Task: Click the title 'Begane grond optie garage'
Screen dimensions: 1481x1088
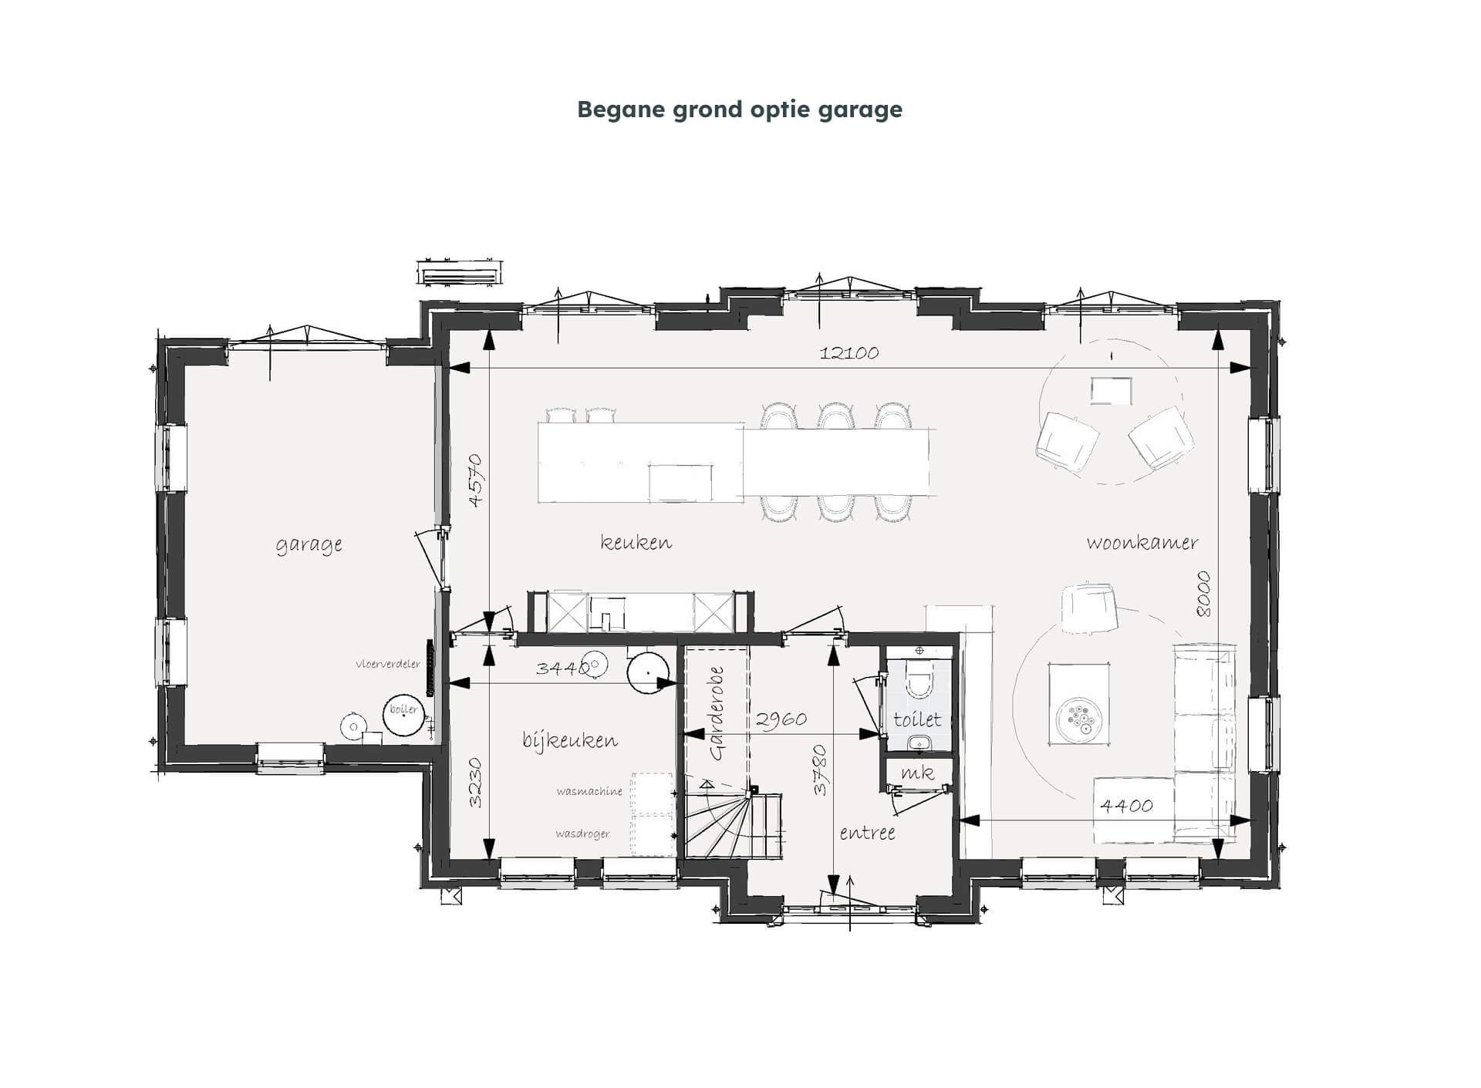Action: (740, 109)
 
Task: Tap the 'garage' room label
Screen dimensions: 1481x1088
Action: (309, 544)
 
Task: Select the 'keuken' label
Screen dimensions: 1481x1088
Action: (636, 542)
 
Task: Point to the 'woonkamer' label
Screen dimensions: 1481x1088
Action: (1142, 542)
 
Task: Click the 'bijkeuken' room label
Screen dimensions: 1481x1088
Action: (570, 739)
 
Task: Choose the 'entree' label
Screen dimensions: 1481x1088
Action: (867, 833)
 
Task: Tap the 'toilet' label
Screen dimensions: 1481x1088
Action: (917, 719)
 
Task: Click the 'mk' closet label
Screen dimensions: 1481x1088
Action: (917, 772)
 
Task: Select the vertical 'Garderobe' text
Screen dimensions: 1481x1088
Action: (717, 713)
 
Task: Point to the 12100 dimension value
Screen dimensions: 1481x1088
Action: (849, 352)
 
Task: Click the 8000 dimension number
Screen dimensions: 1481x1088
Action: (1203, 594)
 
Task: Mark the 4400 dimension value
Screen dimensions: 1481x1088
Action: (1126, 806)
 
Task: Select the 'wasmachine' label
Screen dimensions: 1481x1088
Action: (589, 791)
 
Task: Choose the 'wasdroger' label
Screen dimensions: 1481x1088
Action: (582, 834)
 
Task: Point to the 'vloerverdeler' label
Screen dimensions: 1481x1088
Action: (388, 663)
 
